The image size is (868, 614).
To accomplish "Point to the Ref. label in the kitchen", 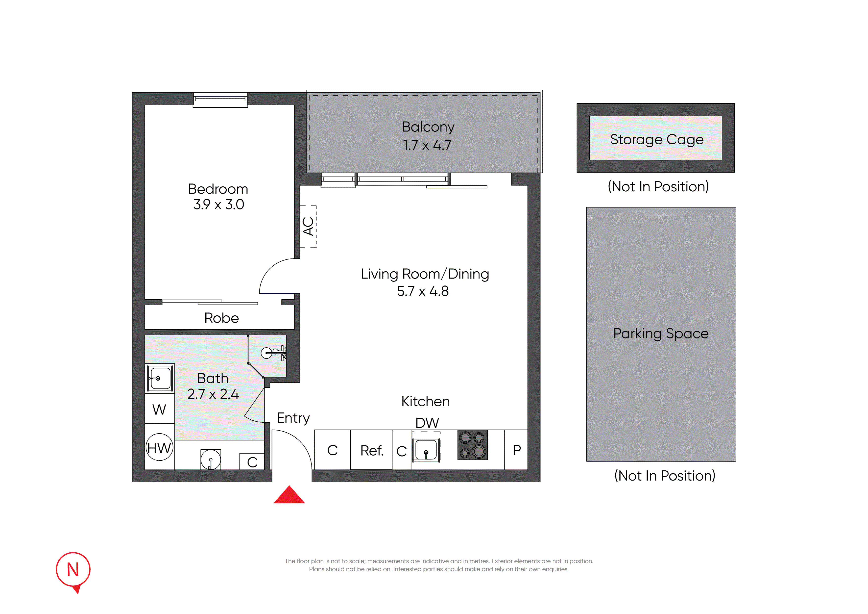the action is [372, 451].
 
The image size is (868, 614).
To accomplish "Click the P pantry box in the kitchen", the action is [516, 450].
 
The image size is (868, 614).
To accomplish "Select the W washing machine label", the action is [159, 409].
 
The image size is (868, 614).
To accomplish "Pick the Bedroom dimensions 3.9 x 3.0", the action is [218, 205].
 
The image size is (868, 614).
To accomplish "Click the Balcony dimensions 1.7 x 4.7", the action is [427, 145].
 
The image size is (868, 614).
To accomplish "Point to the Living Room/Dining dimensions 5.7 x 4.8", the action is [423, 291].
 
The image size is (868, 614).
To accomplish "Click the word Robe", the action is [221, 318].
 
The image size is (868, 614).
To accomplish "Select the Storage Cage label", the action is [657, 140].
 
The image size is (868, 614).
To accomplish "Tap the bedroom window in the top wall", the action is [220, 100].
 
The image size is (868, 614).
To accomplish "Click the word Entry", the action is [293, 418].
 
